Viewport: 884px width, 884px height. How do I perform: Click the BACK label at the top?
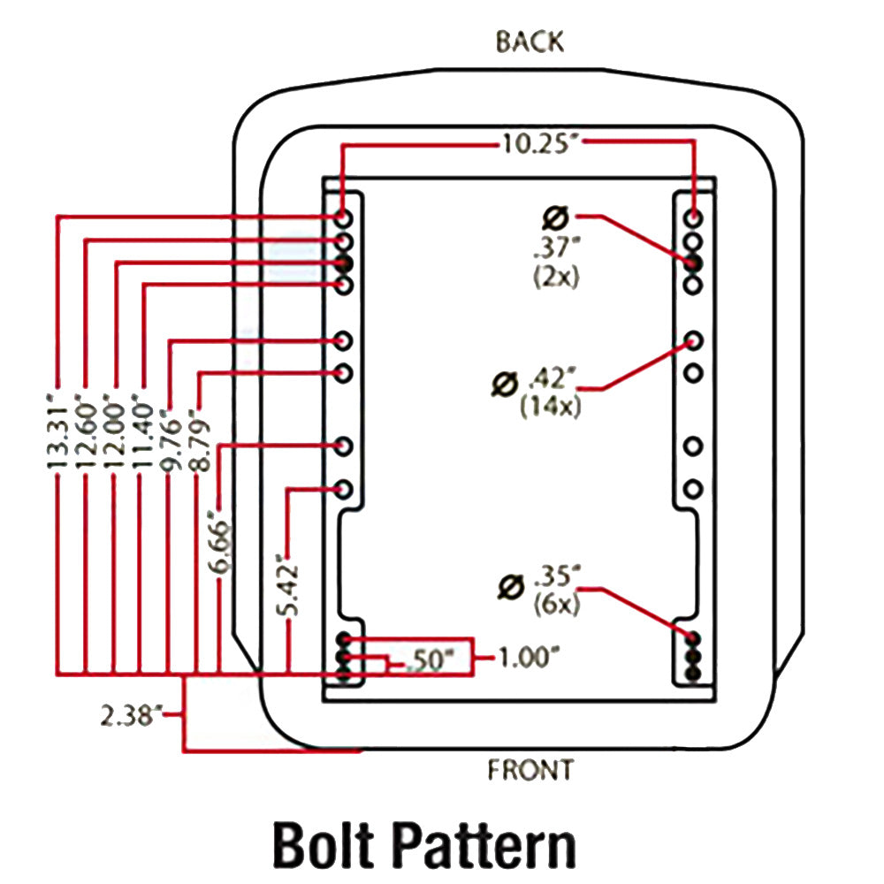[530, 42]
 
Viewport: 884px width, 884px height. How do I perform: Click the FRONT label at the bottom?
[530, 770]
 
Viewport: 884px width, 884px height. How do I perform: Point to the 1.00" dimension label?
[528, 658]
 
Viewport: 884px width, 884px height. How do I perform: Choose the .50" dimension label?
[432, 660]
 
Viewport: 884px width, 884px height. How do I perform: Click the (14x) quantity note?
[551, 408]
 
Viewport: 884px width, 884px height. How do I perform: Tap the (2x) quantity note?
[555, 276]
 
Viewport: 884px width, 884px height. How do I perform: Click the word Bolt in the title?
[331, 844]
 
